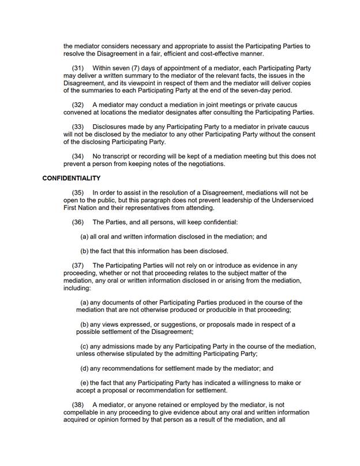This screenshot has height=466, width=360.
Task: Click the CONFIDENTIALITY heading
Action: tap(71, 178)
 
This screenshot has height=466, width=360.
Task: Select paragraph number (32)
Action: tap(77, 105)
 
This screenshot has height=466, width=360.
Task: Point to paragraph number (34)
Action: tap(77, 156)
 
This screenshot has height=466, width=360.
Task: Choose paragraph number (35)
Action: tap(77, 192)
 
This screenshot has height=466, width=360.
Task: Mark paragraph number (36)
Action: tap(77, 222)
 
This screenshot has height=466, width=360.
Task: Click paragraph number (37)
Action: tap(77, 266)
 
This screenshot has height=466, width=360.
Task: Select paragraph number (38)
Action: tap(77, 405)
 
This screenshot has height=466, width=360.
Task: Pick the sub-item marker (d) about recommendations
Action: tap(84, 368)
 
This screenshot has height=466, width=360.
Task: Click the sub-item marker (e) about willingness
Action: tap(84, 383)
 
